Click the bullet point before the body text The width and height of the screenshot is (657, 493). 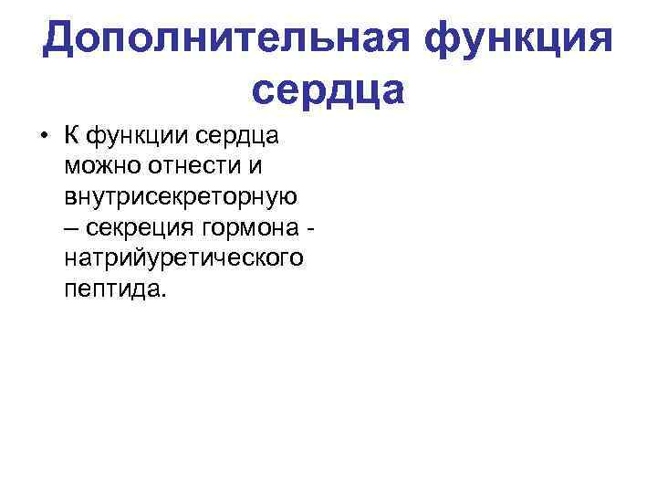coord(43,138)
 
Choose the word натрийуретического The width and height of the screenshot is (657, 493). coord(183,258)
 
